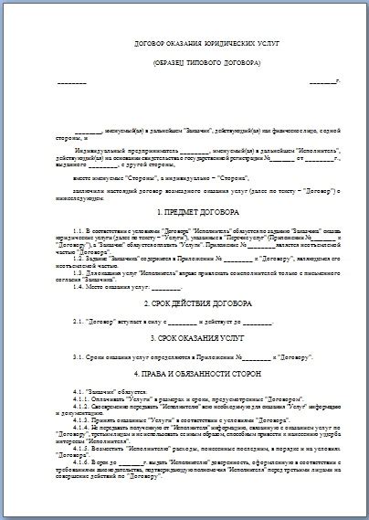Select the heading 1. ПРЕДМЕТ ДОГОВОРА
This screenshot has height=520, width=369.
point(194,211)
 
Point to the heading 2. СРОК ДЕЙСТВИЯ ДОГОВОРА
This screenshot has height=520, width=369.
point(194,301)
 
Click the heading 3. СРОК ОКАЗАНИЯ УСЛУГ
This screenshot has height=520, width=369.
point(194,336)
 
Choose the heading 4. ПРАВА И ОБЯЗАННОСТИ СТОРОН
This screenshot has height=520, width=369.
point(194,375)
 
